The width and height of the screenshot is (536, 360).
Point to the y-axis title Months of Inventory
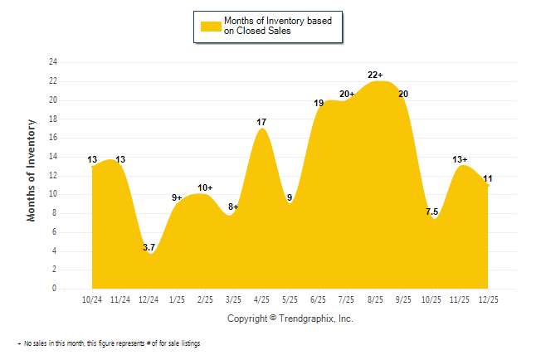(32, 171)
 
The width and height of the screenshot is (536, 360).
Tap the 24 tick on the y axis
(53, 62)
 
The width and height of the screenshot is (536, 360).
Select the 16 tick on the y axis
(53, 138)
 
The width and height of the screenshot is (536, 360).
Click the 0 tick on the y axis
(55, 289)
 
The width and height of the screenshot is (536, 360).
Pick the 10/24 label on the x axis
(92, 299)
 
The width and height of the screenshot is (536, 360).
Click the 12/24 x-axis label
(149, 299)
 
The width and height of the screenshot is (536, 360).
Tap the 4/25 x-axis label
(261, 299)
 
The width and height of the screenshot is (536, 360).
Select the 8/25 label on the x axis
(374, 299)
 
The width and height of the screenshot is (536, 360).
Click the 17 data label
(261, 123)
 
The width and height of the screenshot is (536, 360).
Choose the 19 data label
(319, 103)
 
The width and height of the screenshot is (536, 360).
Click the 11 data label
(488, 178)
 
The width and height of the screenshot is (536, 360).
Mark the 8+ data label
(233, 207)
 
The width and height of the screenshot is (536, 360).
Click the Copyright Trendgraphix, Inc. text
(290, 319)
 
